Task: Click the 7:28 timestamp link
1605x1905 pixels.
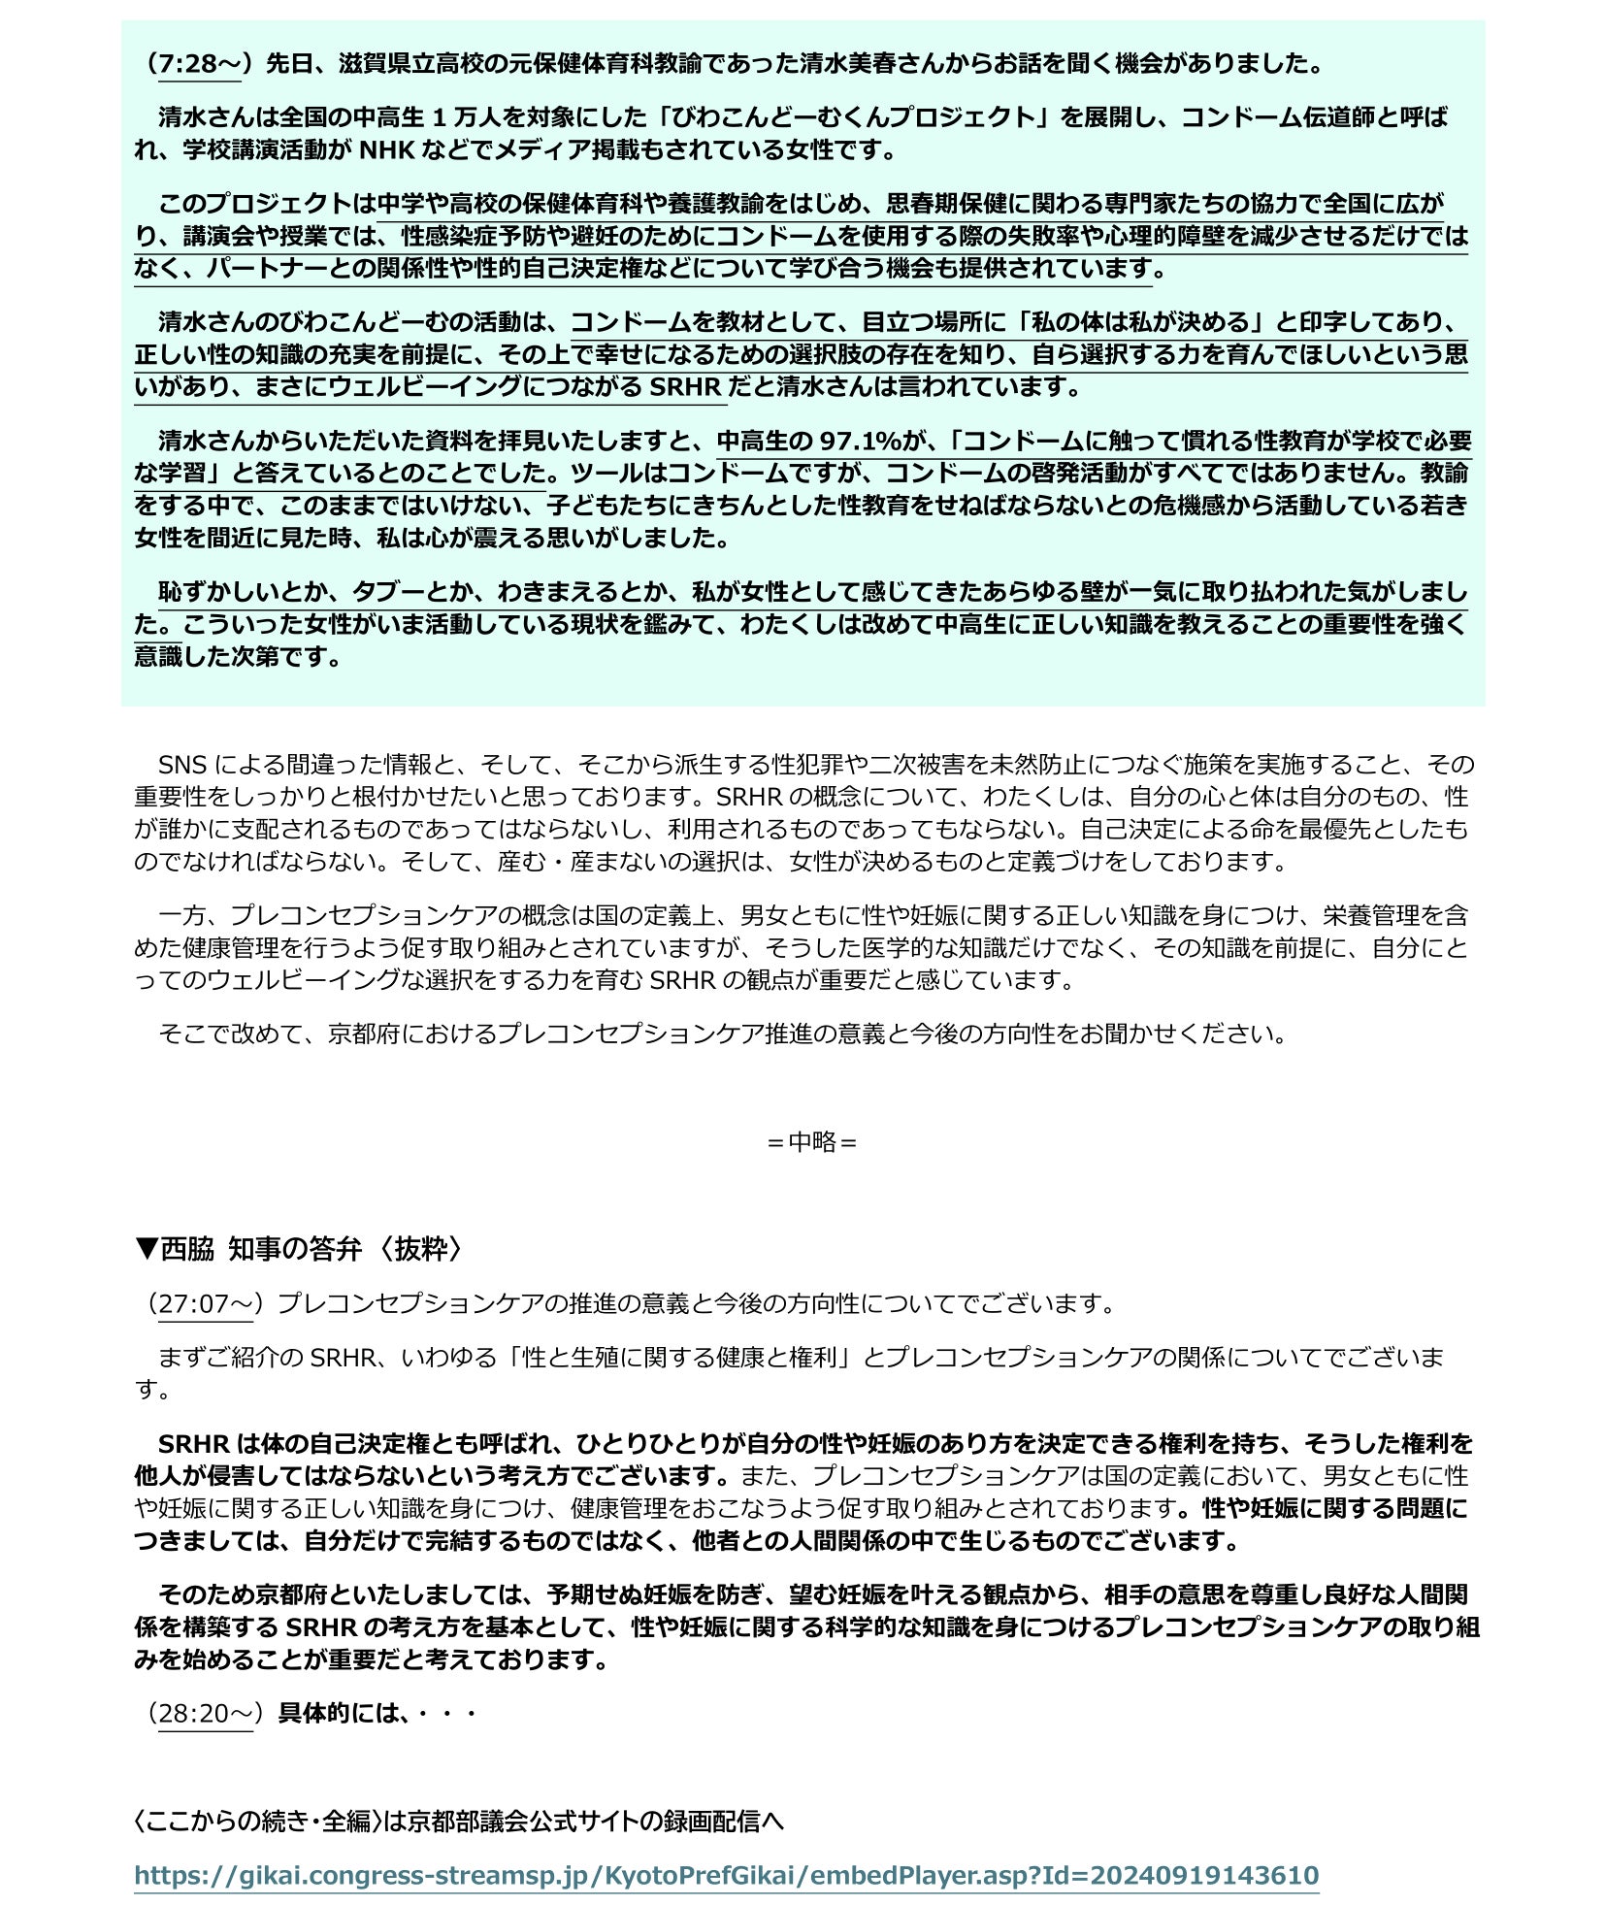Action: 199,64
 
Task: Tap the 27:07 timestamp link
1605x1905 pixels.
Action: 205,1303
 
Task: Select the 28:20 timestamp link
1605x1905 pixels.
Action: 205,1713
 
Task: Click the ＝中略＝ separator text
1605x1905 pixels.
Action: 811,1141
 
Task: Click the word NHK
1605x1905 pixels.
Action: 386,150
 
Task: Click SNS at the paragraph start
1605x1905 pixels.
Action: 182,765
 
